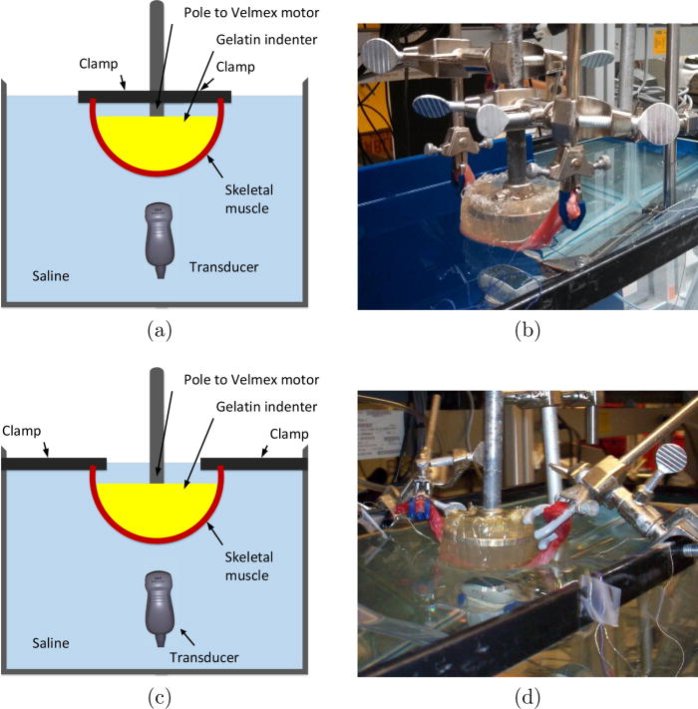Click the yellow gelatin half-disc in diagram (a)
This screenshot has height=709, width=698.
pyautogui.click(x=155, y=137)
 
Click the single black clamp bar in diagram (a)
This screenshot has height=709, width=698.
pyautogui.click(x=155, y=97)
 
